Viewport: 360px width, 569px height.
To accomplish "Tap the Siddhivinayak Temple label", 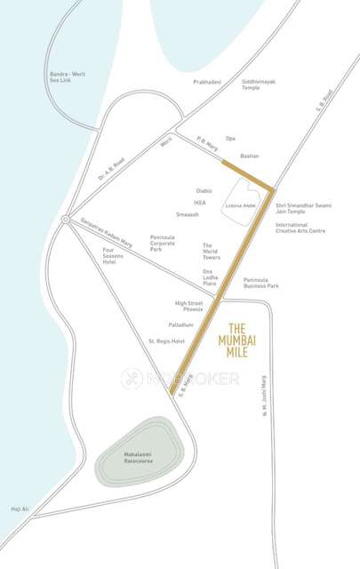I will click(259, 84).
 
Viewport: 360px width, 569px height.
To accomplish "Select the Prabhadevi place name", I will click(206, 82).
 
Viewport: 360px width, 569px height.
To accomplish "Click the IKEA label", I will click(199, 202).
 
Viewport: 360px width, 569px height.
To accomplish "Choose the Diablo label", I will click(204, 190).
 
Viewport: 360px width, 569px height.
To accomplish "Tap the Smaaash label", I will click(188, 214).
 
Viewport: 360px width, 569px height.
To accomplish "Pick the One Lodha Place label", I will click(213, 276).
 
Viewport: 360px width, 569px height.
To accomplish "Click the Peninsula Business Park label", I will click(260, 283).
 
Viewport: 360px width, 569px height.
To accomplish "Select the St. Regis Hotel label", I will click(166, 341).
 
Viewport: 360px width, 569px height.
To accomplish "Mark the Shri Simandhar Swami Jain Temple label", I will click(303, 209).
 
